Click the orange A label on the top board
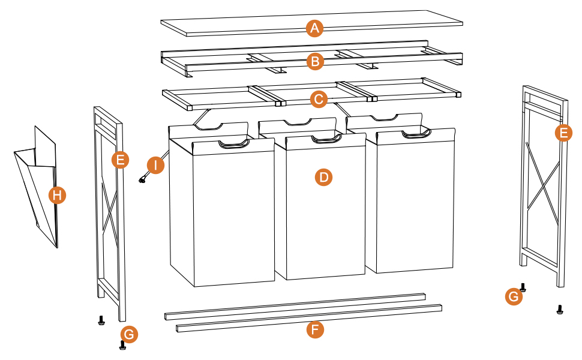point(314,28)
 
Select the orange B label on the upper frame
point(314,61)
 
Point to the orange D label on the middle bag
point(323,177)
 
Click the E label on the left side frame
point(120,160)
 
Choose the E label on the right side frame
point(563,133)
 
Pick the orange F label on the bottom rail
point(314,329)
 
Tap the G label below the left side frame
point(129,334)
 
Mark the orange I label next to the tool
point(155,165)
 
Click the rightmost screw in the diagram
point(560,310)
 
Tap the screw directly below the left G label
point(122,345)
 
